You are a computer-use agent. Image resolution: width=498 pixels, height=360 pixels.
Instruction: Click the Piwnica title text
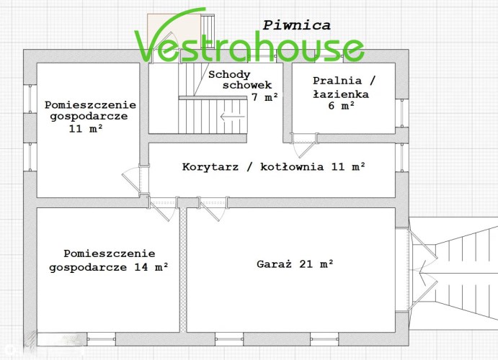(296, 25)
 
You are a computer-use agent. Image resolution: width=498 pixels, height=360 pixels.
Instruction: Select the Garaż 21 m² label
(295, 264)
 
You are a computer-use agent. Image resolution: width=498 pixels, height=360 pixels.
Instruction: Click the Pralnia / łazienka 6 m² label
(343, 93)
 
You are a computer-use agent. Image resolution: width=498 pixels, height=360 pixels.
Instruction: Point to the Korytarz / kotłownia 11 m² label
(273, 166)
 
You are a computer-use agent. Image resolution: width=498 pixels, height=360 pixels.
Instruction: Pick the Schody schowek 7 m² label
(243, 86)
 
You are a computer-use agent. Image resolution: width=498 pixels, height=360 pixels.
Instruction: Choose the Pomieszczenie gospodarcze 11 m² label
(90, 117)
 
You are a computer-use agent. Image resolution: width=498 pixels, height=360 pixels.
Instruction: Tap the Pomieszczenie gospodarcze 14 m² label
(109, 261)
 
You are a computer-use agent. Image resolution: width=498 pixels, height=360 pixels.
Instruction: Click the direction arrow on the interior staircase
(233, 117)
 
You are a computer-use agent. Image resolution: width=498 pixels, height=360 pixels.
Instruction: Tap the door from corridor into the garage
(213, 208)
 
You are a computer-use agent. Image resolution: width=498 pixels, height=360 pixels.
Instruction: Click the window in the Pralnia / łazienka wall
(401, 113)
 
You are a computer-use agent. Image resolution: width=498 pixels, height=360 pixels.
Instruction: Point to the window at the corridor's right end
(401, 158)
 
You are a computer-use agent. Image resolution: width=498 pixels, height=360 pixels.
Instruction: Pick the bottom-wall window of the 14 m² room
(101, 338)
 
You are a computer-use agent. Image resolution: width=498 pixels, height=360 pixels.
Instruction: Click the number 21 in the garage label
(306, 264)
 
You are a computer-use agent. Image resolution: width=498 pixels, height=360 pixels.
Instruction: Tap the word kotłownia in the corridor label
(292, 166)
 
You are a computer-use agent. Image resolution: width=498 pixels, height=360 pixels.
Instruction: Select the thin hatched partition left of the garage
(183, 270)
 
